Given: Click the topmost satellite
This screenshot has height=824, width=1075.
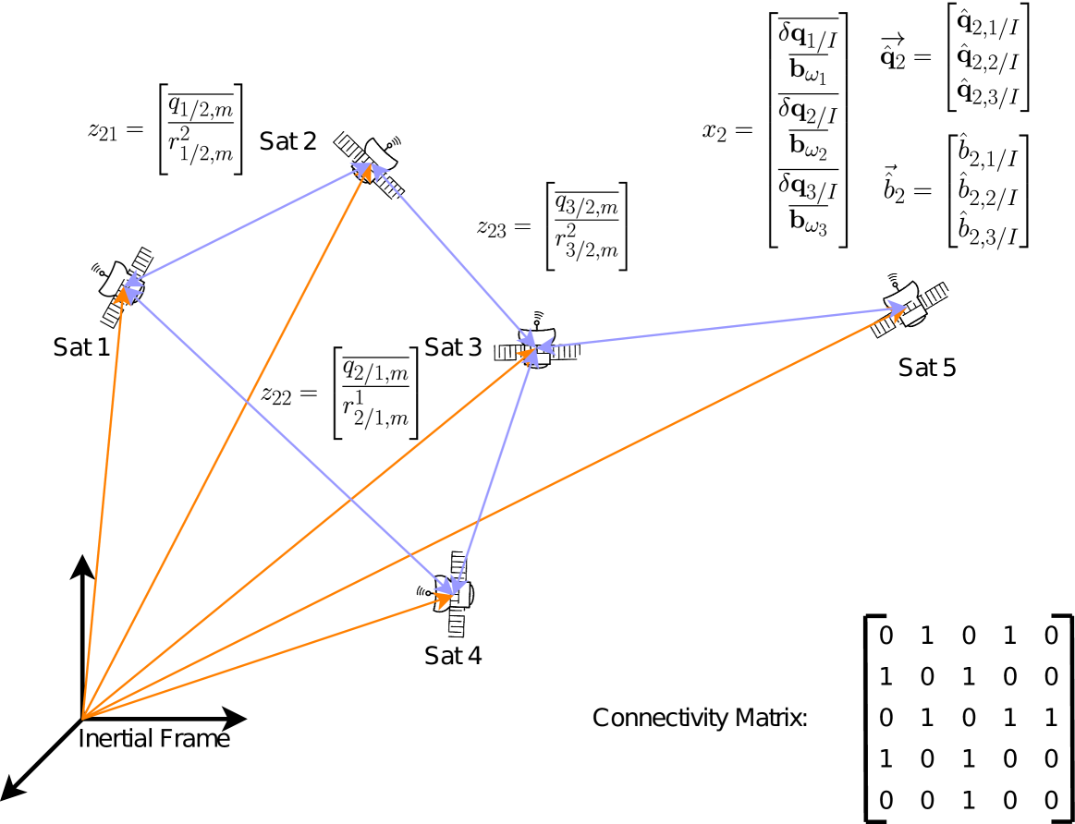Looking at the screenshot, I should [x=372, y=162].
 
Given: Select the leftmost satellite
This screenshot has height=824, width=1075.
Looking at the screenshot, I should [x=122, y=287].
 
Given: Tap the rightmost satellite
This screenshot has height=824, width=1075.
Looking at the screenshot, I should [x=906, y=307].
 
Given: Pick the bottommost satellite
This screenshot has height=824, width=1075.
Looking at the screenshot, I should [x=453, y=596].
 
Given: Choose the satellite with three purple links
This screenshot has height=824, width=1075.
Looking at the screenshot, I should [x=534, y=347].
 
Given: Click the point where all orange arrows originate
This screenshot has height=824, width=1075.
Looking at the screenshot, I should [x=83, y=718].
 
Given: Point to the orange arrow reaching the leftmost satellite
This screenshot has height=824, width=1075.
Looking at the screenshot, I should [x=103, y=503].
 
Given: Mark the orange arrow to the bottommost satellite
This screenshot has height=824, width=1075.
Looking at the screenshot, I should [x=268, y=657].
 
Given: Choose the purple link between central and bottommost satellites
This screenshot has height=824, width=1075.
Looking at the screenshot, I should [x=495, y=471].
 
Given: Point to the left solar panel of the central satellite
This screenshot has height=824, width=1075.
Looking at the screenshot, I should [x=508, y=352].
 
